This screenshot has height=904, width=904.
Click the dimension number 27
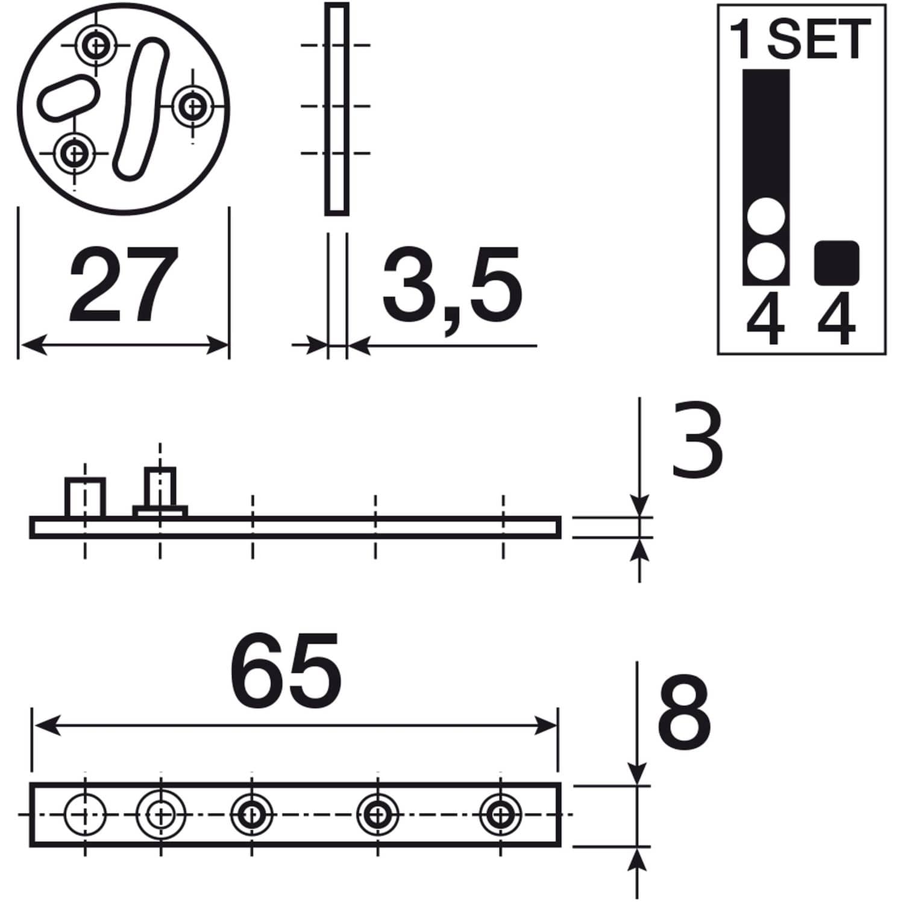pyautogui.click(x=124, y=284)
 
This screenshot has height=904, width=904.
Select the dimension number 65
pyautogui.click(x=286, y=671)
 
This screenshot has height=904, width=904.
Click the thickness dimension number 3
pyautogui.click(x=697, y=439)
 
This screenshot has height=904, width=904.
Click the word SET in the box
pyautogui.click(x=820, y=39)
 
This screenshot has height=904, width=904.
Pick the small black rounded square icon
pyautogui.click(x=837, y=262)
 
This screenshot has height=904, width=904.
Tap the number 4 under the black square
pyautogui.click(x=837, y=319)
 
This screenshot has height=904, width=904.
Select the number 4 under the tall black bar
pyautogui.click(x=765, y=319)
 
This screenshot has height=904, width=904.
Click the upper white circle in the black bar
pyautogui.click(x=766, y=217)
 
